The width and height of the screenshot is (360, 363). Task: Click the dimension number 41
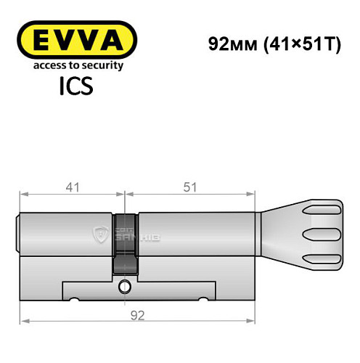pos(72,186)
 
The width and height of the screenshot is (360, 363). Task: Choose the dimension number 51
pos(191,186)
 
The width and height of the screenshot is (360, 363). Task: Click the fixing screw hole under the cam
pos(126,285)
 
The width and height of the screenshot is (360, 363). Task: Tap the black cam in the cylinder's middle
pos(125,243)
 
